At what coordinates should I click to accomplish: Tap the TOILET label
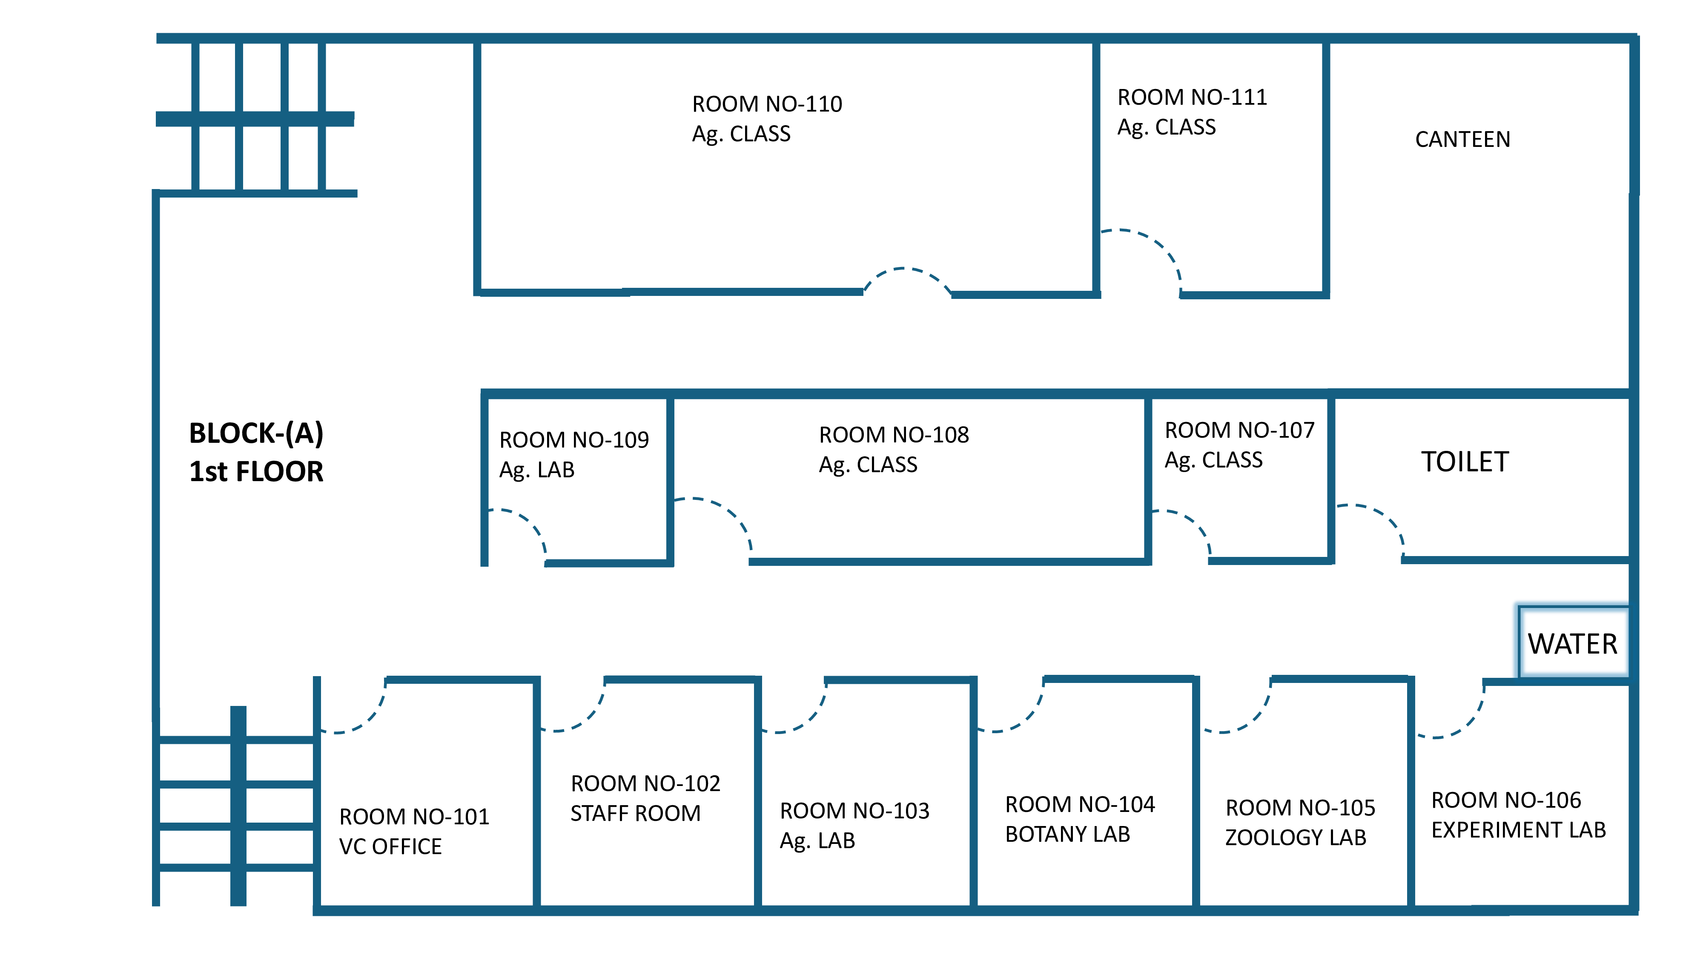(1465, 462)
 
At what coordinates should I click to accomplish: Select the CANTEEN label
(1462, 140)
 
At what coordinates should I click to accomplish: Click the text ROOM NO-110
(767, 104)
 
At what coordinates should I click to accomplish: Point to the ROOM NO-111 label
(1192, 97)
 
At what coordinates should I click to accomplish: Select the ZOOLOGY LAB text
(1295, 838)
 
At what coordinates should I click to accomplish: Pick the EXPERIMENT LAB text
(1519, 830)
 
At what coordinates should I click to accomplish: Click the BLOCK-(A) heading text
(256, 433)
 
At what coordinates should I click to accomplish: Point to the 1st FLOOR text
(256, 471)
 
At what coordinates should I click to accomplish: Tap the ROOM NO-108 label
(894, 434)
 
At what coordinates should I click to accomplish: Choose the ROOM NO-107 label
(1239, 430)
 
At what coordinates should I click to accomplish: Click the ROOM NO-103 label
(854, 811)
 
